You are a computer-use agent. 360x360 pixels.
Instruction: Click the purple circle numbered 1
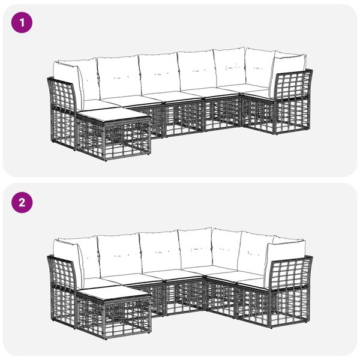click(x=22, y=23)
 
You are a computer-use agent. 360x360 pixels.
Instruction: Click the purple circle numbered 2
click(x=22, y=203)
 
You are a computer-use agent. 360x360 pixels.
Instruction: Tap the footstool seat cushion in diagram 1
click(x=113, y=115)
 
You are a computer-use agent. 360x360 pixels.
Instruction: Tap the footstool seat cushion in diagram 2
click(x=113, y=295)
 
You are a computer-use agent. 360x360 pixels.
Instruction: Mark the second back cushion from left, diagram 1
click(x=119, y=77)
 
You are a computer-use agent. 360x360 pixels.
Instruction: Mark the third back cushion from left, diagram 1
click(x=160, y=73)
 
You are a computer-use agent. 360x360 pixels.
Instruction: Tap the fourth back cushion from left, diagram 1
click(x=197, y=70)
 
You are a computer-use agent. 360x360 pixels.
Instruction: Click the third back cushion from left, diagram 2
click(x=160, y=251)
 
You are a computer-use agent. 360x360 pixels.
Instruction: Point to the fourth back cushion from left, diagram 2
click(x=196, y=248)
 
